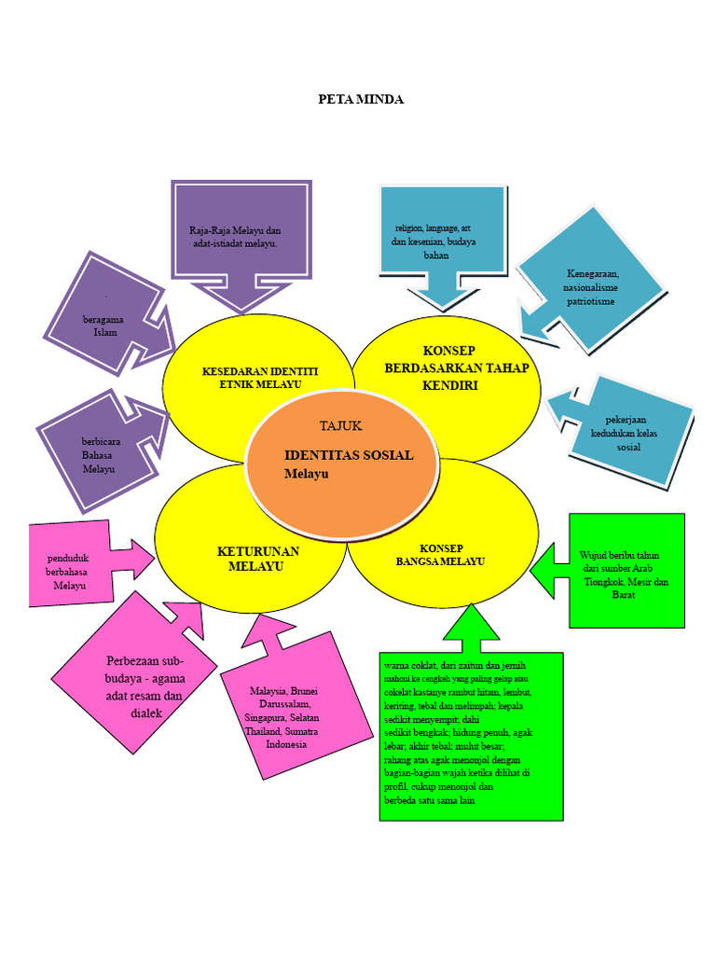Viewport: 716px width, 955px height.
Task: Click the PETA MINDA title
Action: (361, 99)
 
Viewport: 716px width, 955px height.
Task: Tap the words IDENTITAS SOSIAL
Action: (349, 455)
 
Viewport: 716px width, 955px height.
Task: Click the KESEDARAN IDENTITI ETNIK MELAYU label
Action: (260, 378)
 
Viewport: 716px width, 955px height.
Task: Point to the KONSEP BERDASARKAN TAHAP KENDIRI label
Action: (456, 367)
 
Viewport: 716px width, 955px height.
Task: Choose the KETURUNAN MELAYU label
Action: (257, 559)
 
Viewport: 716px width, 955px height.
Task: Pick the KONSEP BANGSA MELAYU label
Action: (440, 555)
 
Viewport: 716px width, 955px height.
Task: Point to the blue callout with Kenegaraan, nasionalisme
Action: (589, 285)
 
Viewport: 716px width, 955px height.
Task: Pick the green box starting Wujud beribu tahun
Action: (615, 571)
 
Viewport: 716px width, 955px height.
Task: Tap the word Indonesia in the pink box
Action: (286, 744)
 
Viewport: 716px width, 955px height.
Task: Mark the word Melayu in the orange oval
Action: (306, 474)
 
